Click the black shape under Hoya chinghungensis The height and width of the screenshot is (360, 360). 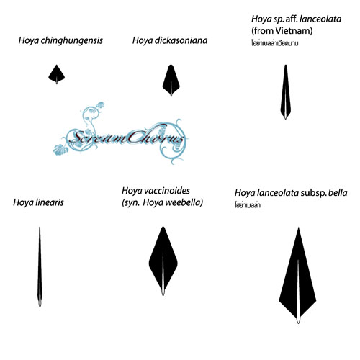click(57, 73)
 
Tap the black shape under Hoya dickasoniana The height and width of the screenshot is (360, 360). click(171, 81)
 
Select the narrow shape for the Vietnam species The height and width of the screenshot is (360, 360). click(286, 92)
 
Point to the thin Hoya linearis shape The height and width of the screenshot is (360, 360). click(40, 267)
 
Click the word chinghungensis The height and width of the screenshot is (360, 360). click(71, 40)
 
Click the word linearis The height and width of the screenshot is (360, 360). click(50, 202)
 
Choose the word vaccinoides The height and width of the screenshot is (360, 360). click(166, 191)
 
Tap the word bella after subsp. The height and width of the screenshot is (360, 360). click(338, 193)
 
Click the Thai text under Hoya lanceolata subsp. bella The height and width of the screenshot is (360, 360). click(248, 205)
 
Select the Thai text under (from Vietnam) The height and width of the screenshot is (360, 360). click(275, 43)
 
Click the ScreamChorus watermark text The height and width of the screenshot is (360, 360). click(127, 138)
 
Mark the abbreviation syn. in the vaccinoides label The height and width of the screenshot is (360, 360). click(131, 203)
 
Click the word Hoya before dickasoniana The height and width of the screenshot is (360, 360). click(143, 41)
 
